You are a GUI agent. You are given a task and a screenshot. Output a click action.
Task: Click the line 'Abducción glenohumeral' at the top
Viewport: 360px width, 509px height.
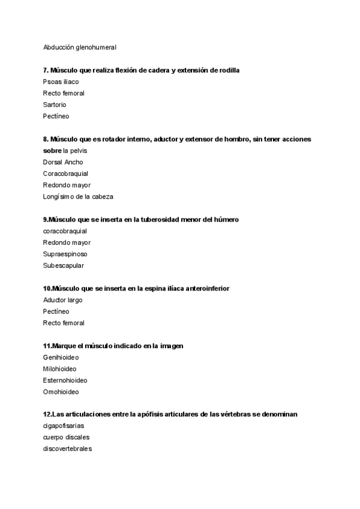(x=80, y=47)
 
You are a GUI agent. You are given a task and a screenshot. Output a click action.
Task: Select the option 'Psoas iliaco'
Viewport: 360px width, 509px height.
(x=61, y=82)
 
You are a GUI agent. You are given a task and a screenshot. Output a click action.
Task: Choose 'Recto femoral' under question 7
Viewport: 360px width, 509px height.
(x=64, y=93)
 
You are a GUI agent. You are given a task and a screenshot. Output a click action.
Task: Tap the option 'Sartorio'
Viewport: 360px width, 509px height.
(x=55, y=104)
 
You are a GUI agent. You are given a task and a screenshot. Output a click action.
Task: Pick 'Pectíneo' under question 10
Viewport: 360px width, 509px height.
(x=56, y=312)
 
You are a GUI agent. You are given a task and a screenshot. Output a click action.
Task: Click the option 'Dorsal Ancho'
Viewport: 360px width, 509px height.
(x=63, y=162)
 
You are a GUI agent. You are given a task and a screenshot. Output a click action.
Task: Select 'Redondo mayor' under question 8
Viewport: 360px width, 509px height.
(x=67, y=185)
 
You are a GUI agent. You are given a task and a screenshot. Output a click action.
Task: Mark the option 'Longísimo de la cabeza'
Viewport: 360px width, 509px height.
(x=78, y=196)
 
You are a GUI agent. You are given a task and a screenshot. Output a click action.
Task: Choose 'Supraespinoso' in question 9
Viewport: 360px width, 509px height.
(x=65, y=254)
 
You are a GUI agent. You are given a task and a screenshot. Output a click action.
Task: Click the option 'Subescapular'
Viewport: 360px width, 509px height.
(x=63, y=265)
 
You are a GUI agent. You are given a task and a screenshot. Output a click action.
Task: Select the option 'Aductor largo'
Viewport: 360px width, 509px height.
(x=63, y=300)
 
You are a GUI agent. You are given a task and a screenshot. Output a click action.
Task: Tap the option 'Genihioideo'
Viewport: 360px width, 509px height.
(x=61, y=358)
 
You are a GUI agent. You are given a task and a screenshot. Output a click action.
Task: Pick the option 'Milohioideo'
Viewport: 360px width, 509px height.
(x=59, y=369)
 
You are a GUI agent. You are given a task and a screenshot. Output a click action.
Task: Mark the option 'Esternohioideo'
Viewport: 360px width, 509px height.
(x=65, y=381)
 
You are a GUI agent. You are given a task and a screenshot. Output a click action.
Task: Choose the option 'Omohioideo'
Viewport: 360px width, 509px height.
(x=61, y=392)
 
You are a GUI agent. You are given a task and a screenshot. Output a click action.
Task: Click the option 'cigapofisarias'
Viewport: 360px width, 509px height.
(x=64, y=426)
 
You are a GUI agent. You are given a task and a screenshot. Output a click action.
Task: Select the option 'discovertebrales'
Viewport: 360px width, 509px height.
(x=67, y=449)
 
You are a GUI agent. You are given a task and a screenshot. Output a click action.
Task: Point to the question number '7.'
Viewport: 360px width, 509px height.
(x=46, y=70)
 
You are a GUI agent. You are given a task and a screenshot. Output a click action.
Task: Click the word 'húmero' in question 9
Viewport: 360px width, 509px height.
(x=226, y=220)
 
